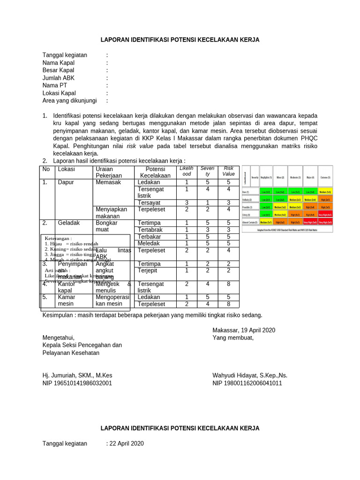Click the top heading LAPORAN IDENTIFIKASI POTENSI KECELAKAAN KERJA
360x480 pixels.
(180, 40)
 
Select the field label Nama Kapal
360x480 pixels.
(58, 63)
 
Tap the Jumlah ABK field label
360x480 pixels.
(58, 78)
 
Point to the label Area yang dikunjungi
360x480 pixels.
(69, 100)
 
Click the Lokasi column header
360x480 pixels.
(66, 169)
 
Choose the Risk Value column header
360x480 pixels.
(228, 171)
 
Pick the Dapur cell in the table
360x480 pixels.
(66, 182)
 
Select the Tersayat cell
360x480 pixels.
(150, 202)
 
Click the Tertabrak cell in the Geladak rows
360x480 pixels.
(150, 230)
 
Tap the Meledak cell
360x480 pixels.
(149, 243)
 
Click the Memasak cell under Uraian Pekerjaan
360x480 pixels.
(108, 182)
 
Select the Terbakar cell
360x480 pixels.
(150, 237)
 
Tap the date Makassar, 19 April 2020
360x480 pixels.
(244, 330)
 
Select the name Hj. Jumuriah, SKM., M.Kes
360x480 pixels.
(77, 375)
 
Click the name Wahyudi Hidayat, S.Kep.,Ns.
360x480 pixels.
(250, 375)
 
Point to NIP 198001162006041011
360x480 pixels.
(247, 383)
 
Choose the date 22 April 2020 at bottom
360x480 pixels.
(127, 443)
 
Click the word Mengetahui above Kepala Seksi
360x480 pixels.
(58, 337)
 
